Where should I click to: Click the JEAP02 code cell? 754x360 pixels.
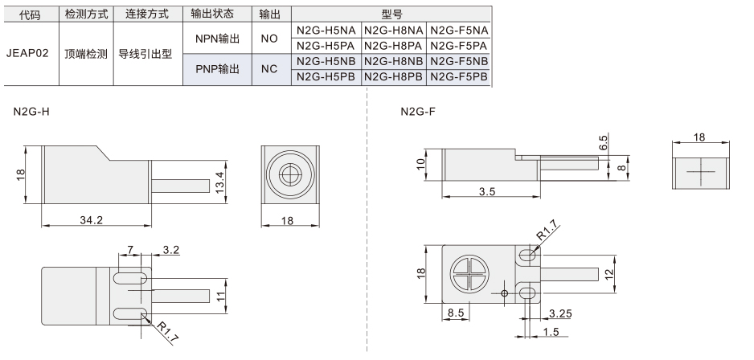27,53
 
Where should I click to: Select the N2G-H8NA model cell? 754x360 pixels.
394,31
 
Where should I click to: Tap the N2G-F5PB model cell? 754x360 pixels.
459,76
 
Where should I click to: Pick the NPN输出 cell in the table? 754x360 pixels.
217,39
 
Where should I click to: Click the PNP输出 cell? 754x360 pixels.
217,69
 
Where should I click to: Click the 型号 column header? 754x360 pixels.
391,14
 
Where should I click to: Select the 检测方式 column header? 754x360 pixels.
86,14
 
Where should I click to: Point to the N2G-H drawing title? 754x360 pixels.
31,112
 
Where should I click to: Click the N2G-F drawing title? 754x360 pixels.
418,112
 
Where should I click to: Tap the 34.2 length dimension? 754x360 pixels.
92,220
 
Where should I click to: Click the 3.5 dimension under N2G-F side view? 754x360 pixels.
486,191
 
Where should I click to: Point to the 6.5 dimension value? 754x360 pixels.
604,142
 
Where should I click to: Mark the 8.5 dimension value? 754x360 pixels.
456,313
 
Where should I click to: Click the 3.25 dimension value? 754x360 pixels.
560,314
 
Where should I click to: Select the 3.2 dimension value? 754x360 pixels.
170,250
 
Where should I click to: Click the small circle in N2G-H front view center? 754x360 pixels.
290,174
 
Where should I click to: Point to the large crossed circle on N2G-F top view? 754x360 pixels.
469,274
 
